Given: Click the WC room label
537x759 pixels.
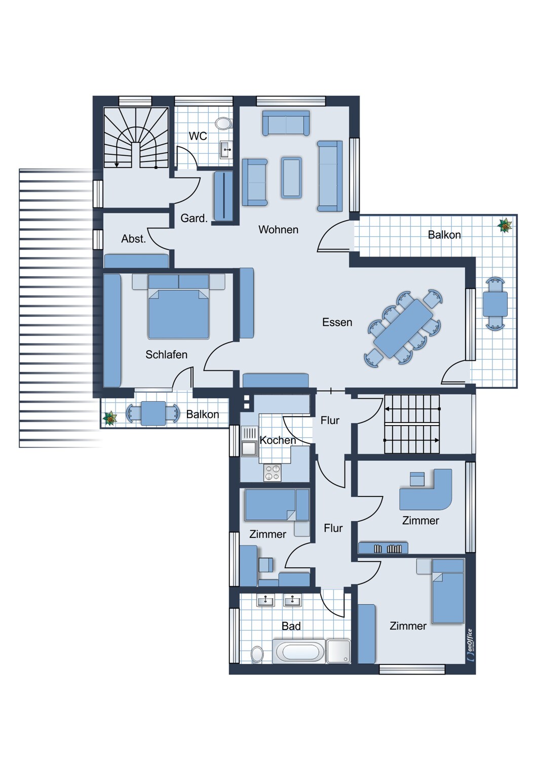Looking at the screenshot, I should (x=198, y=136).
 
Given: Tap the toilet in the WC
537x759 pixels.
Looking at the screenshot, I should (x=223, y=123).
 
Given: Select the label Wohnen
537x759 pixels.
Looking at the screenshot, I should (x=278, y=230).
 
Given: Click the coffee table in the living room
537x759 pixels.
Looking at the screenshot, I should (x=291, y=177).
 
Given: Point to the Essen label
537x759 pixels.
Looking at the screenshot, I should (x=337, y=322).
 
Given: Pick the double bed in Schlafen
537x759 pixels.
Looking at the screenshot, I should (x=178, y=310).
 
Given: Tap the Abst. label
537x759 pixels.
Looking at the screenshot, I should (x=133, y=239).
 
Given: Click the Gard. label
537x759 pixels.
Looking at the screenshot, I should (x=194, y=219).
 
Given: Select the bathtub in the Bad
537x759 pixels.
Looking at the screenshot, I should (x=299, y=651).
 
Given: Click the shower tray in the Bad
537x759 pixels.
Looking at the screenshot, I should (x=338, y=651).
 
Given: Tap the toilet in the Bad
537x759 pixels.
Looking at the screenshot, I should (x=257, y=654).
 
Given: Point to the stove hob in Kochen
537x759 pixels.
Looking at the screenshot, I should (x=273, y=473).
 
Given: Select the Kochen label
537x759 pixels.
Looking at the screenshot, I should (x=278, y=440).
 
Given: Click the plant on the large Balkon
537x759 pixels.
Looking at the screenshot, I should (x=505, y=225).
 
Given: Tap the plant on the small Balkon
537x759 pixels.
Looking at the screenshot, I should (x=110, y=418).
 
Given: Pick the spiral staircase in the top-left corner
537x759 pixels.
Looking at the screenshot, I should (x=136, y=138).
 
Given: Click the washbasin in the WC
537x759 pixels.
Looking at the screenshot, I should (x=226, y=150).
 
